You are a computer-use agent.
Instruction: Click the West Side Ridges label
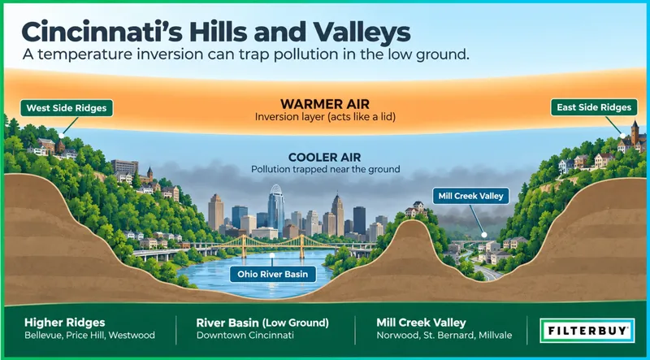click(67, 108)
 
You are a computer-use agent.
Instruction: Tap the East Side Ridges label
click(594, 107)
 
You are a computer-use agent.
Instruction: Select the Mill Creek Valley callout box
click(471, 196)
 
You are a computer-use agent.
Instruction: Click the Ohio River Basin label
click(271, 274)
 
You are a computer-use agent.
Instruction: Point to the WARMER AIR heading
click(325, 104)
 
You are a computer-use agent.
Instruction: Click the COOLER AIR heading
click(324, 158)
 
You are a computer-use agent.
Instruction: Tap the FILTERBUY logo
click(587, 331)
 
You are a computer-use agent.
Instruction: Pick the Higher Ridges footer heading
click(65, 323)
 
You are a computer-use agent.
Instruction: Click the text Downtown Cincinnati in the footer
click(245, 335)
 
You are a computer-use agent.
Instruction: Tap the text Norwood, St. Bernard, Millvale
click(444, 335)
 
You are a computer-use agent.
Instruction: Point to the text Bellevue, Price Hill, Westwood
click(89, 335)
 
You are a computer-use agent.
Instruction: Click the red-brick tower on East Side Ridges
click(635, 133)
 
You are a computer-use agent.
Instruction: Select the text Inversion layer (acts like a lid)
click(325, 117)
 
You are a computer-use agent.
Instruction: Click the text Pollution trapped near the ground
click(325, 169)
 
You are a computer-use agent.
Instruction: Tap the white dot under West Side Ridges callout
click(62, 136)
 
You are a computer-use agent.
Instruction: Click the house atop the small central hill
click(416, 209)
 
